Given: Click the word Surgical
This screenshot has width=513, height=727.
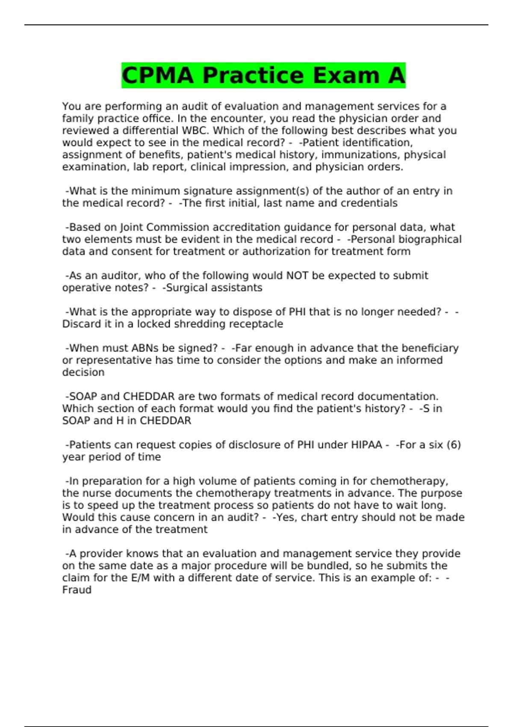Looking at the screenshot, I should (x=186, y=288).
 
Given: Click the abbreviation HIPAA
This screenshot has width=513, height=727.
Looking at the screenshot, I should (x=366, y=445).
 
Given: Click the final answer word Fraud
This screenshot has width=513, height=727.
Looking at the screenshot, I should (x=77, y=590).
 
